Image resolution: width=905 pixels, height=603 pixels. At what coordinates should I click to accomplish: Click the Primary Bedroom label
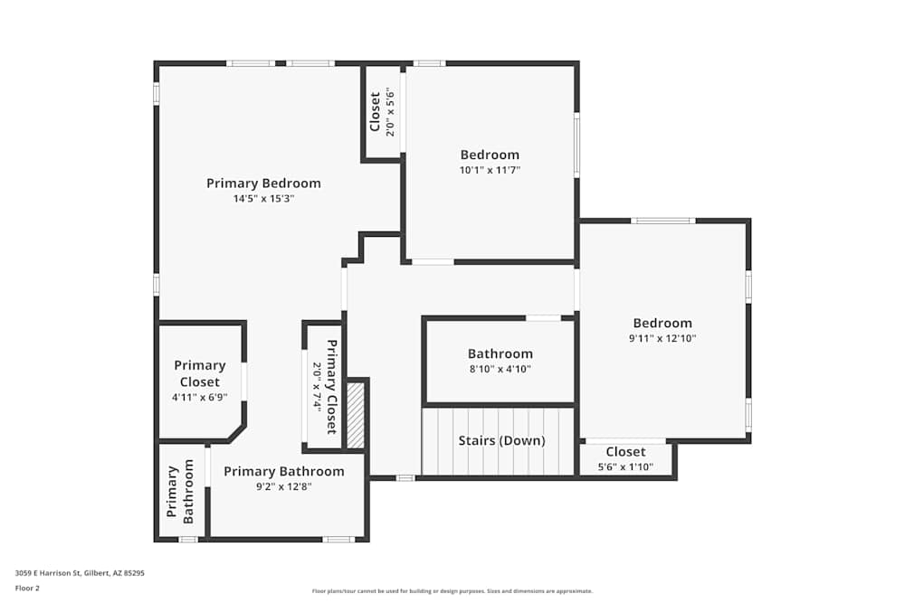[x=263, y=183]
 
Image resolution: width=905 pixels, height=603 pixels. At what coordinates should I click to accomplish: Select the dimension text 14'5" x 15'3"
[x=263, y=199]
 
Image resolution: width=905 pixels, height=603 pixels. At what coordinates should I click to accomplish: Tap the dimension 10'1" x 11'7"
[x=490, y=170]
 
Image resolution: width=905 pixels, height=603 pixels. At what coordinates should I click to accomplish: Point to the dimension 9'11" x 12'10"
[x=662, y=339]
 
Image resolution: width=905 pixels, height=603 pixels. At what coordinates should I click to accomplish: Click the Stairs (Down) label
[x=501, y=441]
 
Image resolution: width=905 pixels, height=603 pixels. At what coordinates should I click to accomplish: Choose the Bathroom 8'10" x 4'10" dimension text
[x=500, y=369]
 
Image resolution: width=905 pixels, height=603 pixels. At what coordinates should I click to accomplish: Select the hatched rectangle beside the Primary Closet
[x=356, y=415]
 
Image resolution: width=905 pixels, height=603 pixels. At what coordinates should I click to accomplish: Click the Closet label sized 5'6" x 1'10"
[x=625, y=451]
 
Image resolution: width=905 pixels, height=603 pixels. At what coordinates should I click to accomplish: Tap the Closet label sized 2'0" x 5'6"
[x=375, y=112]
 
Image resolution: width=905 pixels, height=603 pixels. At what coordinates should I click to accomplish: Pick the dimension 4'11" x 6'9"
[x=200, y=397]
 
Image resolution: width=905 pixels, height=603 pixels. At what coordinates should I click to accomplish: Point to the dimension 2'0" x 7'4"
[x=317, y=386]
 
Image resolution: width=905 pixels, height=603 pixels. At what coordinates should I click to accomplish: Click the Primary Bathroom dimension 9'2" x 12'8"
[x=283, y=486]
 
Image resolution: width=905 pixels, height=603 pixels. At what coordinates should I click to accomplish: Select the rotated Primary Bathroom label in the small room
[x=180, y=494]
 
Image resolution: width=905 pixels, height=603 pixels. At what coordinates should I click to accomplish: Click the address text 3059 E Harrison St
[x=80, y=572]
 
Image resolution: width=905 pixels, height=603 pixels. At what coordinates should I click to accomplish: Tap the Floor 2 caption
[x=27, y=588]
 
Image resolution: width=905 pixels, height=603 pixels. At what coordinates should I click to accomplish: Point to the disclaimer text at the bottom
[x=452, y=591]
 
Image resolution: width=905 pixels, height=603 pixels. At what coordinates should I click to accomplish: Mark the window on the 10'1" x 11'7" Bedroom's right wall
[x=576, y=145]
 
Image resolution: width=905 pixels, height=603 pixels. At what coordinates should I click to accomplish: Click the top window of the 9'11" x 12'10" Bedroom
[x=662, y=221]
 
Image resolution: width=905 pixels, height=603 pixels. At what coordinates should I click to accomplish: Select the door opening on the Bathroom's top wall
[x=543, y=318]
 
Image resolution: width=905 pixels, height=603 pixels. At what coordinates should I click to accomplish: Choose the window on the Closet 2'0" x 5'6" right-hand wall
[x=403, y=112]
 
